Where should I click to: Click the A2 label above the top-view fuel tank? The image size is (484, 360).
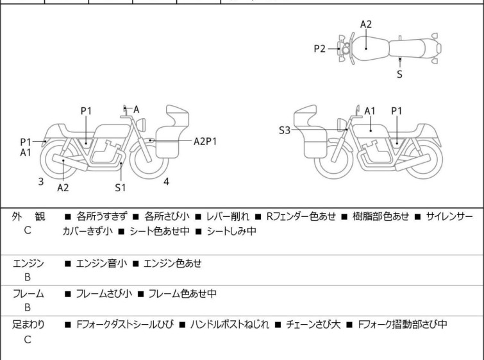[x=366, y=24]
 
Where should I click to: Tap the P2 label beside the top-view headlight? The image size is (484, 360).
[x=319, y=49]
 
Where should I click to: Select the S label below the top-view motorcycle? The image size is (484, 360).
[x=399, y=74]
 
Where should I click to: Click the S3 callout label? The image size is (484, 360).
[x=284, y=130]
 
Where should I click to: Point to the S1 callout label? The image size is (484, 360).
[x=121, y=187]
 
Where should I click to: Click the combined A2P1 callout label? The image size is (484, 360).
[x=205, y=142]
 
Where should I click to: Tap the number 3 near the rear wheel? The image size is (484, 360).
[x=41, y=182]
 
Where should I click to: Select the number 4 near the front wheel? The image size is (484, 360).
[x=166, y=182]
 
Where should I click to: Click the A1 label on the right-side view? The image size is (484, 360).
[x=369, y=111]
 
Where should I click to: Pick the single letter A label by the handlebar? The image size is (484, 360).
[x=136, y=109]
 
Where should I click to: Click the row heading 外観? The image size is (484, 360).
[x=28, y=216]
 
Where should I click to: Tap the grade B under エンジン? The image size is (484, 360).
[x=28, y=277]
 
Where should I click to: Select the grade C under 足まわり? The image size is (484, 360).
[x=28, y=339]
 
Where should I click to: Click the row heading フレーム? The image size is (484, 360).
[x=28, y=293]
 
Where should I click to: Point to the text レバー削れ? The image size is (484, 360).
[x=227, y=216]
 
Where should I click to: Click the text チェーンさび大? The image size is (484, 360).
[x=313, y=325]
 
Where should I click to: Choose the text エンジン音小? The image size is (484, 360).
[x=101, y=263]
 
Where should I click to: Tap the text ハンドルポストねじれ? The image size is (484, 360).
[x=229, y=325]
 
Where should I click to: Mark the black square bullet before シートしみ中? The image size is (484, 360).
[x=199, y=232]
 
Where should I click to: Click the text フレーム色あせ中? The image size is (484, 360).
[x=182, y=293]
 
